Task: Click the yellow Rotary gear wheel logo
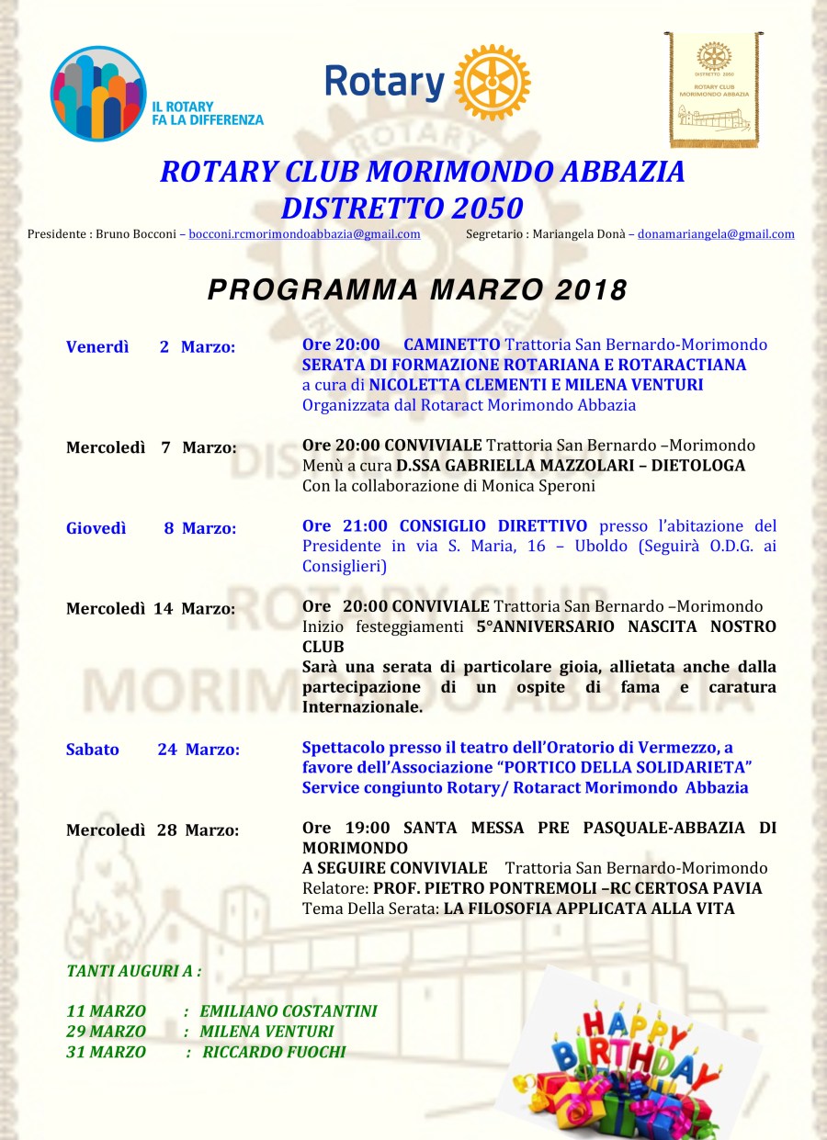tap(493, 83)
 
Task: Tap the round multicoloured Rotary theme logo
tap(98, 93)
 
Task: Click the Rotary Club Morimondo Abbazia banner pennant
tap(714, 89)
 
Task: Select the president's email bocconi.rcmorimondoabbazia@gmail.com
tap(304, 234)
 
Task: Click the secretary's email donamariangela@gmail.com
tap(716, 234)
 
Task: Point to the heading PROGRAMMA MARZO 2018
tap(417, 290)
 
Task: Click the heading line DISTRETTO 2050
tap(402, 208)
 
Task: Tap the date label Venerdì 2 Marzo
tap(151, 347)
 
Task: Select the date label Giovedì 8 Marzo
tap(151, 528)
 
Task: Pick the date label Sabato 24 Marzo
tap(153, 750)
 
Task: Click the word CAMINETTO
tap(451, 345)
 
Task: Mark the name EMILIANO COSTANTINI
tap(289, 1011)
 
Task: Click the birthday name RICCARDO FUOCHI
tap(274, 1053)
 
